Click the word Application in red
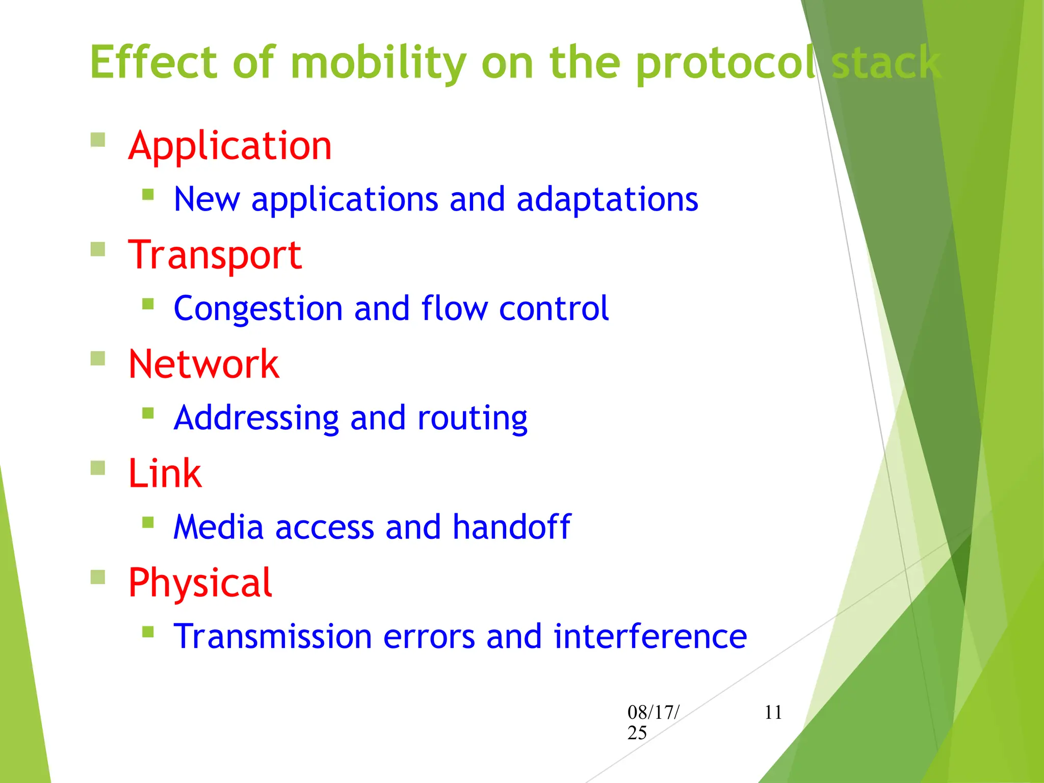(230, 146)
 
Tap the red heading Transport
(215, 255)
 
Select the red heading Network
(203, 364)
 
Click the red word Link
(165, 474)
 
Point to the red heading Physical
(200, 583)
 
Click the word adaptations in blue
(607, 199)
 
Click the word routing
(472, 418)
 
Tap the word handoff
(511, 527)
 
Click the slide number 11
(773, 712)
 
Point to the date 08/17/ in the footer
(653, 712)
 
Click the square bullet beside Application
(98, 140)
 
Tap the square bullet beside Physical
(98, 577)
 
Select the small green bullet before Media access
(148, 522)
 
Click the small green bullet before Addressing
(148, 413)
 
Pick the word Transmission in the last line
(273, 637)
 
